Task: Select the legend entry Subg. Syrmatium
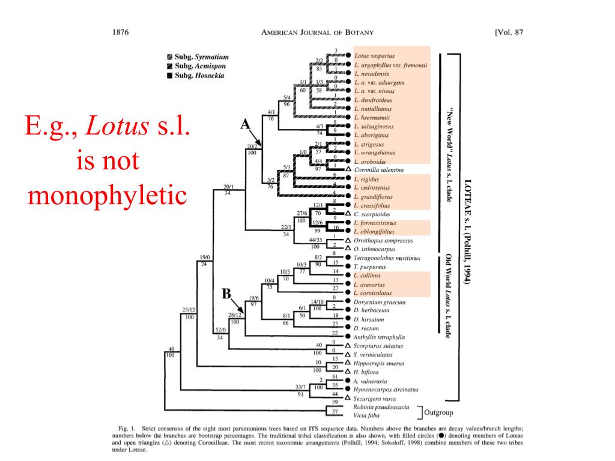198,57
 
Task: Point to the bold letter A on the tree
245,124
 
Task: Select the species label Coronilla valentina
378,170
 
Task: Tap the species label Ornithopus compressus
384,240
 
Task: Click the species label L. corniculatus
377,293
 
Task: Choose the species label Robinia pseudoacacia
381,407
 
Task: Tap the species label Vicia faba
367,415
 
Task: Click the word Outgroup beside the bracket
438,412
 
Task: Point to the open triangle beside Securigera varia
348,398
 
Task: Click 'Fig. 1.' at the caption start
126,427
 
